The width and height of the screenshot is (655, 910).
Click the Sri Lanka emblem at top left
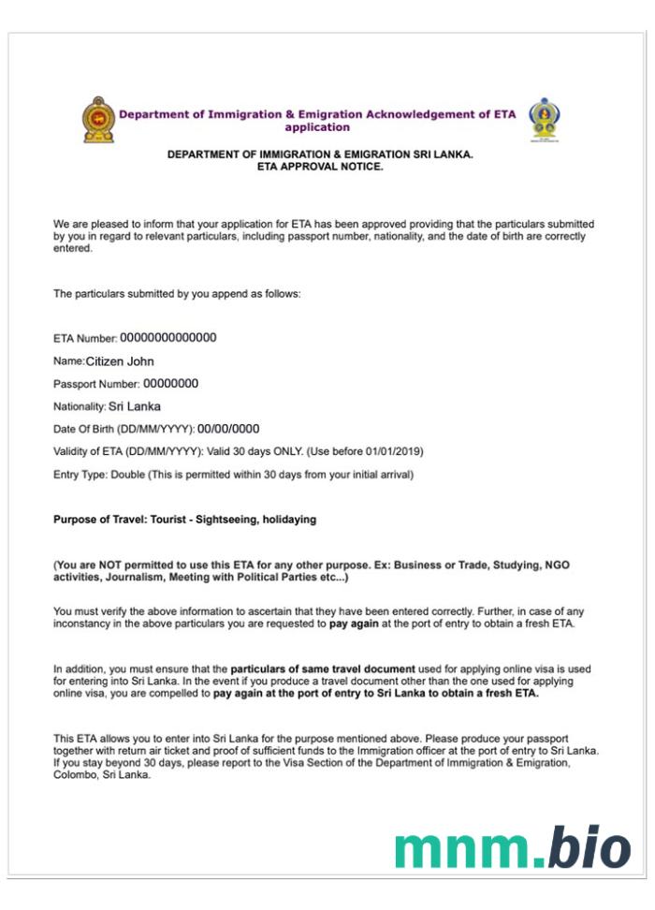point(98,119)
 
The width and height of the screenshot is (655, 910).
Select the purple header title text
point(317,120)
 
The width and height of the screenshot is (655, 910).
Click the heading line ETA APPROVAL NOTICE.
point(320,166)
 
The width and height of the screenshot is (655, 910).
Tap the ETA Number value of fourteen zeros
point(168,338)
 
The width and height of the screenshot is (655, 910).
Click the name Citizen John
point(120,360)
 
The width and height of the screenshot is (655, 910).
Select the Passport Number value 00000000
point(170,383)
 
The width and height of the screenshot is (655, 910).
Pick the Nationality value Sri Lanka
point(135,406)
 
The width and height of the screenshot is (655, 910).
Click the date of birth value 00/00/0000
point(228,429)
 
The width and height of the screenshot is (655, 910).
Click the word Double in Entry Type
point(127,475)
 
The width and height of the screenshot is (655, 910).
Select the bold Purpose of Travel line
point(184,520)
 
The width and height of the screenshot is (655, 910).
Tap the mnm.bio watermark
point(512,847)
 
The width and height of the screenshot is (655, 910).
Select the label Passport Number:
point(96,384)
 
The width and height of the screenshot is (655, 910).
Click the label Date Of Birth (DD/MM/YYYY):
point(124,430)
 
